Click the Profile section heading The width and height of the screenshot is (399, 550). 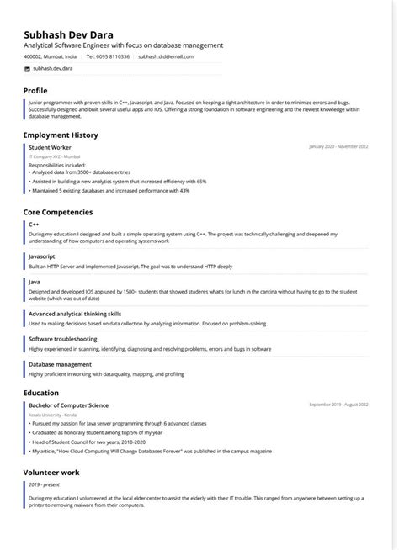point(35,90)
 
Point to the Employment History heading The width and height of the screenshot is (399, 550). point(61,135)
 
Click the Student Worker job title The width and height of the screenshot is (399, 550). point(50,147)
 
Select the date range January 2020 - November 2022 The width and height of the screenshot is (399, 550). point(339,147)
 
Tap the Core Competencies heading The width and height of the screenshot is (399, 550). point(58,212)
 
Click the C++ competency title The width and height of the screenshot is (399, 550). point(34,225)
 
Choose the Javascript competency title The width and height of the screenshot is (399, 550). point(42,255)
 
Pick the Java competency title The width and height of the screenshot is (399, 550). point(35,281)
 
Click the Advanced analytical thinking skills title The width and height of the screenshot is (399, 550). point(75,313)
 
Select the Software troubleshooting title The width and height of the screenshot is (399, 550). point(62,339)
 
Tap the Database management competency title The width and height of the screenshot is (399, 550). point(61,364)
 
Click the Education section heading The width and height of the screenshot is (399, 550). point(41,392)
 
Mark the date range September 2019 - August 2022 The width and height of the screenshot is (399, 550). point(338,405)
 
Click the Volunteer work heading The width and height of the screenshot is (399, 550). point(52,473)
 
